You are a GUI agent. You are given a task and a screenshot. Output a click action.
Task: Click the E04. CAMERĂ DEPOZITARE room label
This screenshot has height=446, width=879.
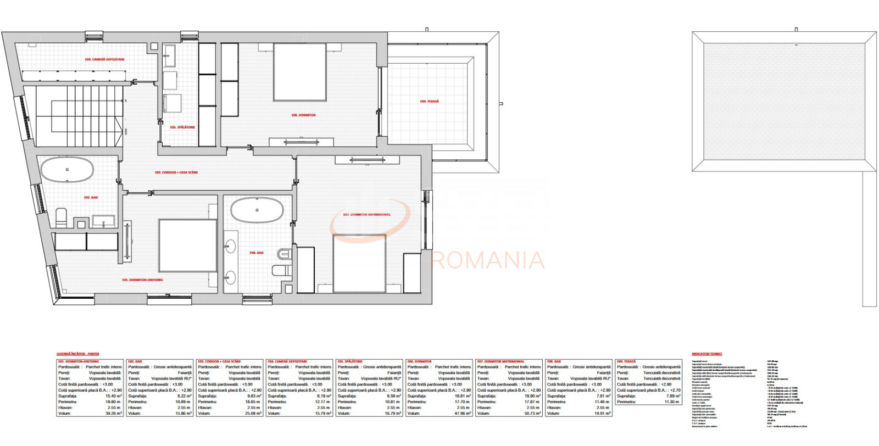coord(104,59)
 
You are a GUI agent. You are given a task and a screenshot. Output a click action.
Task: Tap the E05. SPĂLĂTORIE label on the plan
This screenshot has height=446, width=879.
coord(182,127)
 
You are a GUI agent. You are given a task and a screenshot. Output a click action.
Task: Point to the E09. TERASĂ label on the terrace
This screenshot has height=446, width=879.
coord(430,101)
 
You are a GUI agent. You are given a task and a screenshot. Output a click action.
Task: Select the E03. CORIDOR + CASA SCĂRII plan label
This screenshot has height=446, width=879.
coord(176,172)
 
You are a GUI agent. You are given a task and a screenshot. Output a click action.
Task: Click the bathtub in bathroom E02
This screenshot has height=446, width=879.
coord(68,170)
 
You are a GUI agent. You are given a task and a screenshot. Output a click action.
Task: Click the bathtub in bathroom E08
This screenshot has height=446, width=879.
coord(257,210)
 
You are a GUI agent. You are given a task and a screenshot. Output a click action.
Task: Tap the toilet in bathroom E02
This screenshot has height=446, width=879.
coord(62,218)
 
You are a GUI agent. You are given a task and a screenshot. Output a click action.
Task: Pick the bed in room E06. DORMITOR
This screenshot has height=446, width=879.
coord(300,73)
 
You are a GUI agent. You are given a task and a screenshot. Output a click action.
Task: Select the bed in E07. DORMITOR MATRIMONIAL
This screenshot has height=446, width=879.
coord(359,263)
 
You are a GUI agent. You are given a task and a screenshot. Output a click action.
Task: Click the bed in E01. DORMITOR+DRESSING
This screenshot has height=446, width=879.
coord(187,246)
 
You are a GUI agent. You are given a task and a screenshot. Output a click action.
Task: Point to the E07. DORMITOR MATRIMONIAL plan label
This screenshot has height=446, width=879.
coord(366,214)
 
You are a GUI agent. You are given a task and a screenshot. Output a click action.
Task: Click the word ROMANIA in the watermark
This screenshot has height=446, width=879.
coord(488,260)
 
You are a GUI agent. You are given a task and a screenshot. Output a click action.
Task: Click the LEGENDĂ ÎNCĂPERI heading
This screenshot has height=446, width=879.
coord(78,354)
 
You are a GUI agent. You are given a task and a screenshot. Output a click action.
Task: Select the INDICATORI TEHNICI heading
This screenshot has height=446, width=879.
coord(706,354)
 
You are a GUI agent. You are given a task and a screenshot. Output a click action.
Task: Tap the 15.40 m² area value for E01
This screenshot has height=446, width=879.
coord(114,396)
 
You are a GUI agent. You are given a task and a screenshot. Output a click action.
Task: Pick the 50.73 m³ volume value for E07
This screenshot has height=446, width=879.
coord(532,413)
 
